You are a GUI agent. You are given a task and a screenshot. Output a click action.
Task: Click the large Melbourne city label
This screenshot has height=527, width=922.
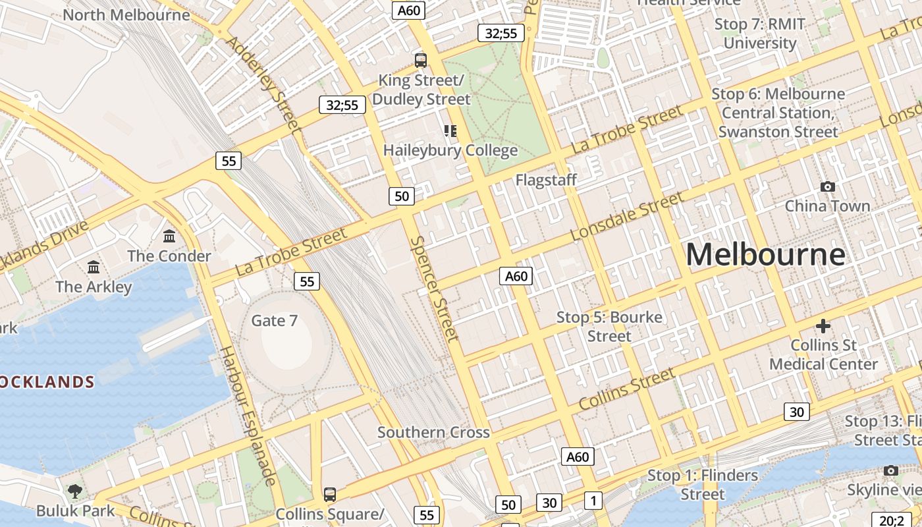765,254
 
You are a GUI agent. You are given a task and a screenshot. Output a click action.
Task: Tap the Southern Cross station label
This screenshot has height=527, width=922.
433,432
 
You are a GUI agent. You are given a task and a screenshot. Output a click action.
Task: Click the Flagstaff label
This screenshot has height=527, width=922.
546,180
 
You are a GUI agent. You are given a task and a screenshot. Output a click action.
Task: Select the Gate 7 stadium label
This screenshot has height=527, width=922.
275,321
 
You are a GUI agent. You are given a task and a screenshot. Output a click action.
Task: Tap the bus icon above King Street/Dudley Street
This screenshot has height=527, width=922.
420,61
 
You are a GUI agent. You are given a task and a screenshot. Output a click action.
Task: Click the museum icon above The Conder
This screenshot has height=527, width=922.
169,236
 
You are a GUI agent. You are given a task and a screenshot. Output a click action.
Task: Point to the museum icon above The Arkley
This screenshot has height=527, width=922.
94,267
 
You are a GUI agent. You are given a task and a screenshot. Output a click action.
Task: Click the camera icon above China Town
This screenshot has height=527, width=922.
828,186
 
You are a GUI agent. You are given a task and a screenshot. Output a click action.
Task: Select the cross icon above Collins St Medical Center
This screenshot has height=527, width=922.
823,325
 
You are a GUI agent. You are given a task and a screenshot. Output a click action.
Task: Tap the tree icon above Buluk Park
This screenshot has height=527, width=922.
75,491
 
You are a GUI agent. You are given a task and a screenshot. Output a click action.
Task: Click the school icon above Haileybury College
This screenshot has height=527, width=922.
450,130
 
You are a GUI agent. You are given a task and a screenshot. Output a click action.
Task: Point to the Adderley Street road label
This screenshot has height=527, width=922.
262,82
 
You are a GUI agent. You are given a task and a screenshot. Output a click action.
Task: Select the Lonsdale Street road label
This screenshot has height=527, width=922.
627,216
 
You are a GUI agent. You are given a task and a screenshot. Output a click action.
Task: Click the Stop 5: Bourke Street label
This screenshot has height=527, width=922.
609,326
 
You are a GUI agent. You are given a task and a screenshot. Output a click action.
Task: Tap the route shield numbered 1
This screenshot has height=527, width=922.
593,501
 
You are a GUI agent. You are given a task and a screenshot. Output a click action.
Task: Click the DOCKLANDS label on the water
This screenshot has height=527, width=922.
46,382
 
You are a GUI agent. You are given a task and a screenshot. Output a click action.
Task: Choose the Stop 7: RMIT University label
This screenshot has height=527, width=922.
760,34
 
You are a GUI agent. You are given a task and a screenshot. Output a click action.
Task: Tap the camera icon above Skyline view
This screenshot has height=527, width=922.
891,470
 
